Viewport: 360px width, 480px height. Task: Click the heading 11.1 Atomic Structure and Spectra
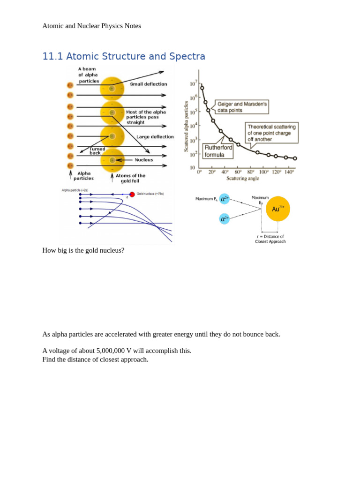coord(124,57)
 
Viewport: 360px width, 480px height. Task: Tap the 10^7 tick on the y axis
coord(194,84)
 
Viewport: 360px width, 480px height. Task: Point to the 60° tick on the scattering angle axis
coord(238,172)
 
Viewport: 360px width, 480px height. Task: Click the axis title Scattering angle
coord(242,179)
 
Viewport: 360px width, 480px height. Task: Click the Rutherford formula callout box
coord(218,151)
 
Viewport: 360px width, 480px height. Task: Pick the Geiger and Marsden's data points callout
coord(242,107)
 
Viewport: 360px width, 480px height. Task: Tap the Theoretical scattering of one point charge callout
coord(271,133)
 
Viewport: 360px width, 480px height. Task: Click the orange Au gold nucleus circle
coord(278,209)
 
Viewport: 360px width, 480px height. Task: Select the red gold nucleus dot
coord(132,194)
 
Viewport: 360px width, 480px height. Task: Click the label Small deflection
coord(148,84)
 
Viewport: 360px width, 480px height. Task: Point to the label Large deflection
coord(155,137)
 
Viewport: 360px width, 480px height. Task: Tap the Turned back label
coord(97,151)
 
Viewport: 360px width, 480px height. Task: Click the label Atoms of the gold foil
coord(130,178)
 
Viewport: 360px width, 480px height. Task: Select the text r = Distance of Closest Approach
coord(270,239)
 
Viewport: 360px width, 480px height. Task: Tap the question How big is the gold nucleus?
coord(83,250)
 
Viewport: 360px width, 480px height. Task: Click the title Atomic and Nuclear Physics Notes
coord(91,26)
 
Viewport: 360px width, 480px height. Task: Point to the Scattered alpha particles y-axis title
coord(186,126)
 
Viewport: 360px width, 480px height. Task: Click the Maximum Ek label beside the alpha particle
coord(206,199)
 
